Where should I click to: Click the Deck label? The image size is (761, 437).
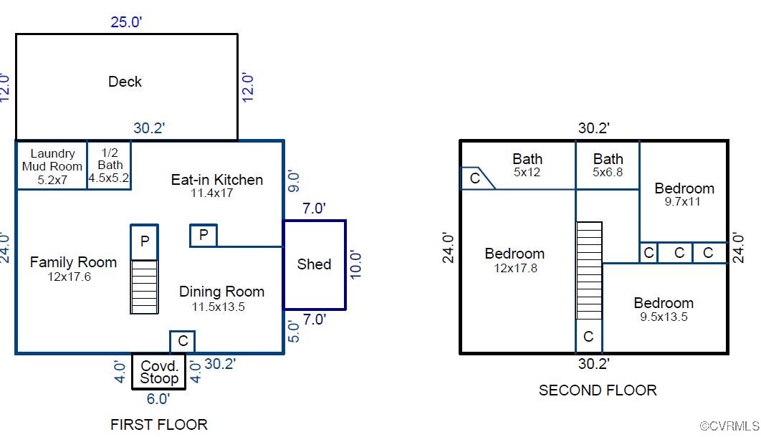point(125,82)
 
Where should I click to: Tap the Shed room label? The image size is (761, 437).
point(314,264)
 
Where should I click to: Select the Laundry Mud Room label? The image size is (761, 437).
point(52,166)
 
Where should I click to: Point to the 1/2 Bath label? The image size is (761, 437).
point(110,165)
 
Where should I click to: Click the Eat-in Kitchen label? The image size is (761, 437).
point(216,185)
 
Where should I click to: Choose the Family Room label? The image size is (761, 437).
point(72,269)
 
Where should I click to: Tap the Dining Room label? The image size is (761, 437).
point(221,298)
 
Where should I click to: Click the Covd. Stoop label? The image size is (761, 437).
point(159,372)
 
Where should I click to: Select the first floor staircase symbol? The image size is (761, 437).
point(144,287)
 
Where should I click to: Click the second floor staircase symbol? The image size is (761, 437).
point(589,270)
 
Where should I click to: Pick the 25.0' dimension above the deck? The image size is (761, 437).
point(126,22)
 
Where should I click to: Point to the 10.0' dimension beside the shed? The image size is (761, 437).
point(356,264)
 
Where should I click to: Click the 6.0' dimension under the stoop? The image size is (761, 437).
point(158,398)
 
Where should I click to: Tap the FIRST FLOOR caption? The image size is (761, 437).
point(158,424)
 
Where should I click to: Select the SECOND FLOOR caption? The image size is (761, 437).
point(598,390)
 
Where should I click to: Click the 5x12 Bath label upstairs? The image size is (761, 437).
point(527,165)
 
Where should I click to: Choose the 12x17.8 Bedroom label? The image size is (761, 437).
point(514,260)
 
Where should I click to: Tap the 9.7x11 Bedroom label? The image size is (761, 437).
point(684,194)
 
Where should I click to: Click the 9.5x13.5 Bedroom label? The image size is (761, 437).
point(664,309)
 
